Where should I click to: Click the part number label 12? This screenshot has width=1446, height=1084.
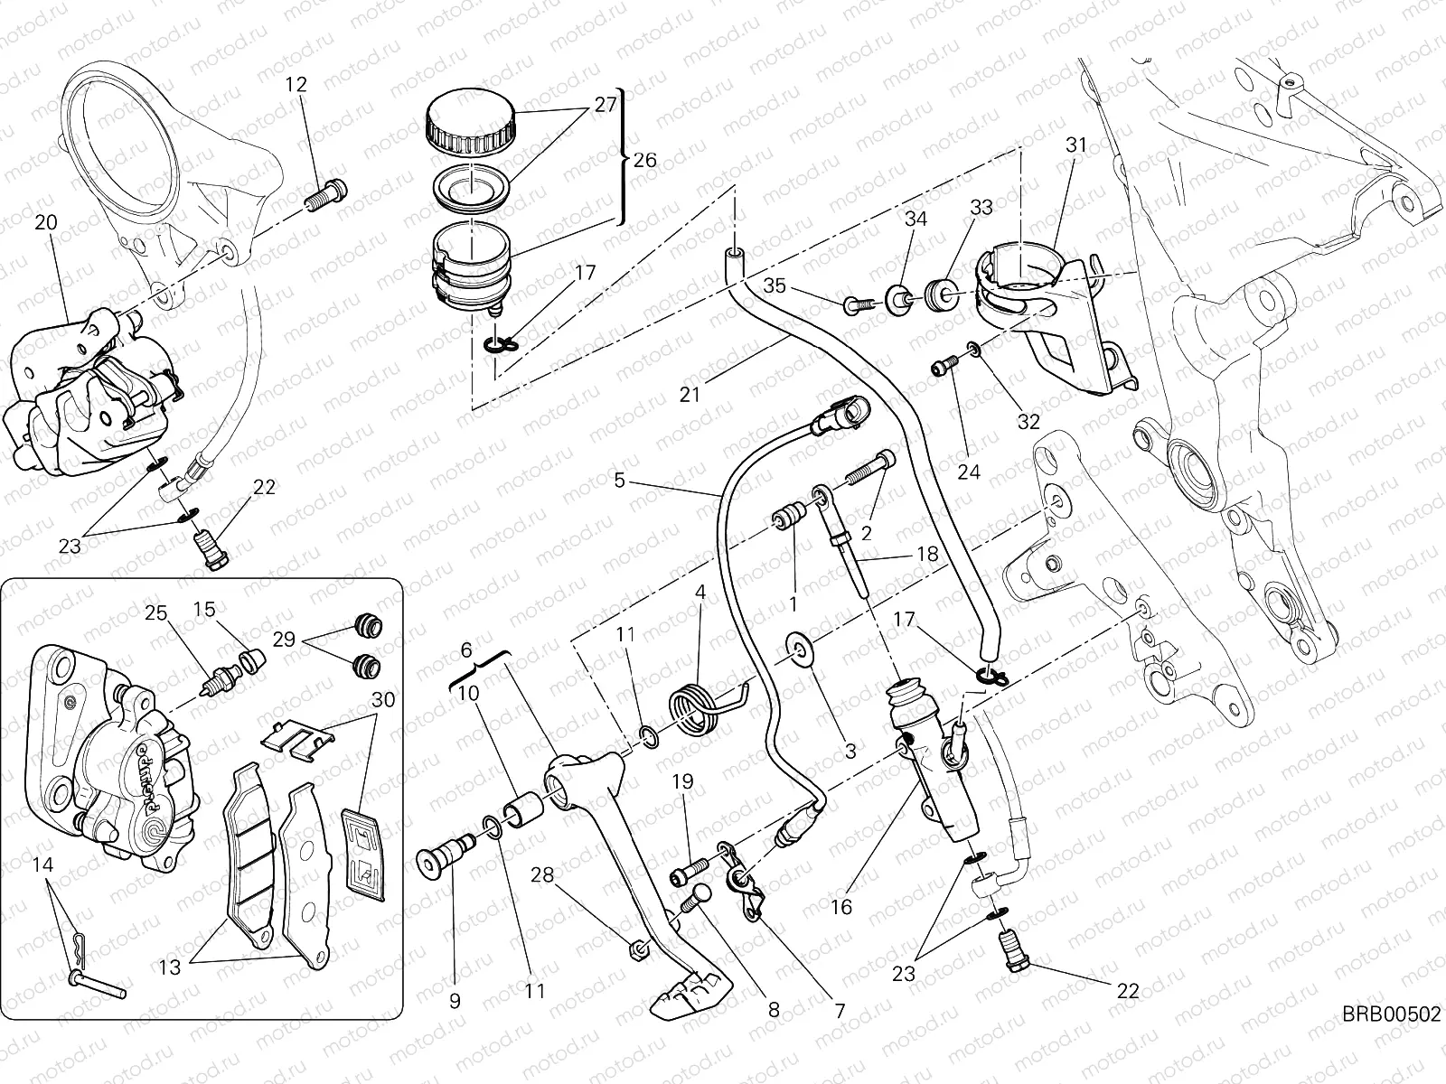click(x=296, y=85)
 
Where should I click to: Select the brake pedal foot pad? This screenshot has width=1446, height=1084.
click(x=689, y=991)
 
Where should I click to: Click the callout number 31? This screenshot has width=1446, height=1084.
click(x=1075, y=145)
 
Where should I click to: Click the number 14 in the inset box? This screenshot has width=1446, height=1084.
click(x=42, y=864)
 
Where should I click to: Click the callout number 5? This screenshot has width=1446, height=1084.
click(x=619, y=481)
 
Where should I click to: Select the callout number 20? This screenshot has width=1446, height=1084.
click(x=45, y=222)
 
